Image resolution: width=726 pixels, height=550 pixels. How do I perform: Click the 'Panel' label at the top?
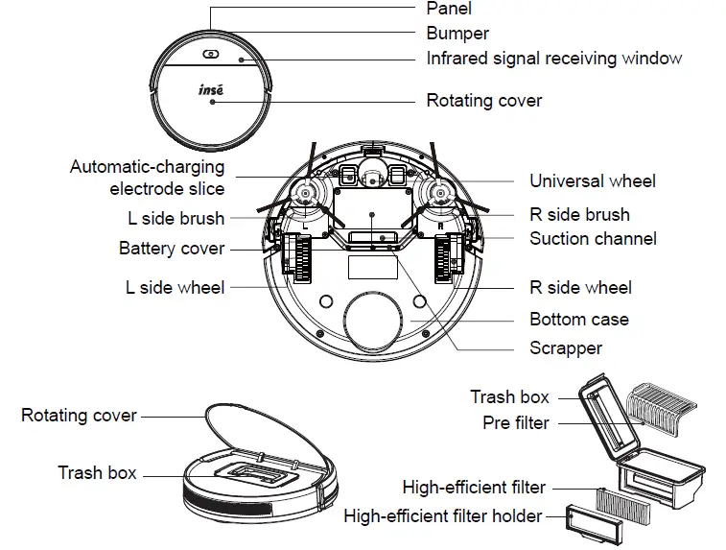449,9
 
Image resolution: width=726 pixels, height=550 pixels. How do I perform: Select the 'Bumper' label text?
457,34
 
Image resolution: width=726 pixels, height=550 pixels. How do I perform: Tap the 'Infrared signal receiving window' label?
554,59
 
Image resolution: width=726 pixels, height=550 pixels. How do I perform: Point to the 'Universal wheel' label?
593,181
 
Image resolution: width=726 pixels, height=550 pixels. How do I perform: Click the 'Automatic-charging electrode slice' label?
148,178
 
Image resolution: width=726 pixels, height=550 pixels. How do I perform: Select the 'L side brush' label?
176,218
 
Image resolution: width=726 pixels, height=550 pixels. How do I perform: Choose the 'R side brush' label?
579,215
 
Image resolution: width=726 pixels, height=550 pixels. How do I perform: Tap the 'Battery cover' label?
172,249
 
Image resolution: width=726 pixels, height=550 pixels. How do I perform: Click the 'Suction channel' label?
593,238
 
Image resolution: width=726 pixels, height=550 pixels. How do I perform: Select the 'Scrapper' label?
566,348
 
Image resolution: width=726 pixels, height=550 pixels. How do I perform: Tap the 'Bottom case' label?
579,320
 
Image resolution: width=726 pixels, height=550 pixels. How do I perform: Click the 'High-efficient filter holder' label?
442,516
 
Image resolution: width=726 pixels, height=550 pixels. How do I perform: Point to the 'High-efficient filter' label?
474,488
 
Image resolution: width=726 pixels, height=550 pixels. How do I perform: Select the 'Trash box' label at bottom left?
97,473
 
